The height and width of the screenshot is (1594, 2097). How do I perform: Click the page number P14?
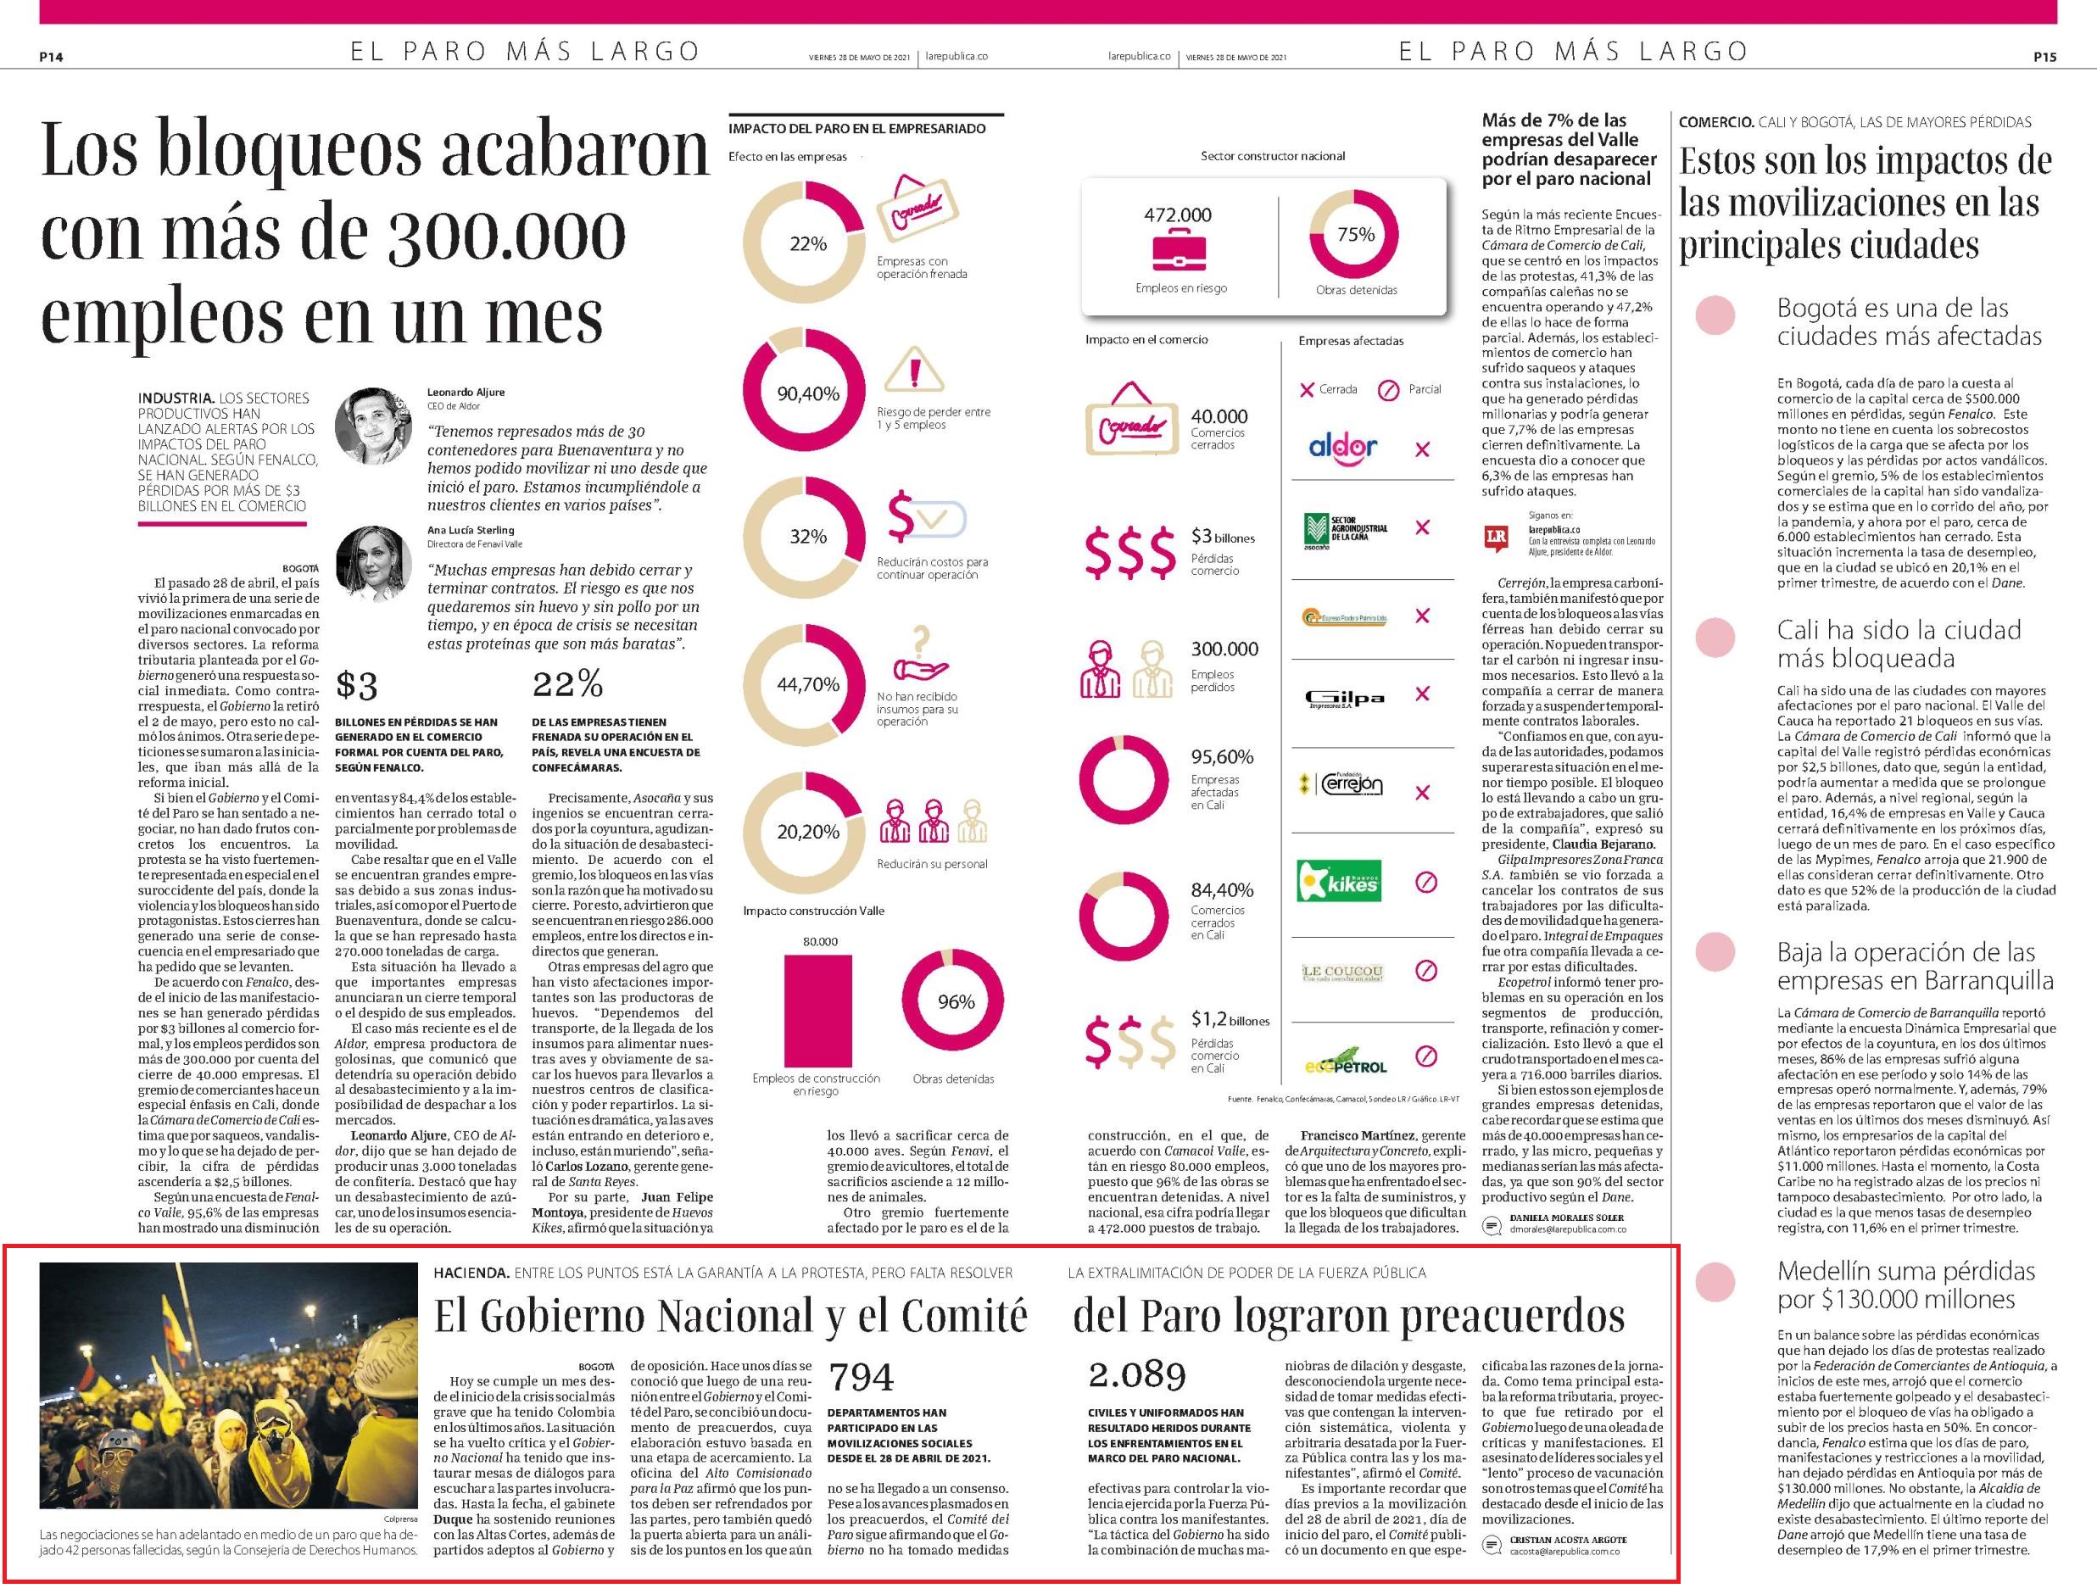(51, 57)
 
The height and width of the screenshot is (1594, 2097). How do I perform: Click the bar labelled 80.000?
(818, 1011)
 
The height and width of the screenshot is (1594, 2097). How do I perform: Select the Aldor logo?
(1342, 447)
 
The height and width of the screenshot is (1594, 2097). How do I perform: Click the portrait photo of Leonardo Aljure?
(372, 426)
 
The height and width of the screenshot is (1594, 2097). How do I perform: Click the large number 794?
(862, 1377)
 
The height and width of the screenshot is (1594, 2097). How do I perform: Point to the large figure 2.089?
(1137, 1375)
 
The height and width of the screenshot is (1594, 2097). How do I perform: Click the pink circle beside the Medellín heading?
(1715, 1281)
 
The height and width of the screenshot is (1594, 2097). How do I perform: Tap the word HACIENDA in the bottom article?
(471, 1273)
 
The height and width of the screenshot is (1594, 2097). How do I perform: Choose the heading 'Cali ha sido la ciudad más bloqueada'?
(1899, 644)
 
